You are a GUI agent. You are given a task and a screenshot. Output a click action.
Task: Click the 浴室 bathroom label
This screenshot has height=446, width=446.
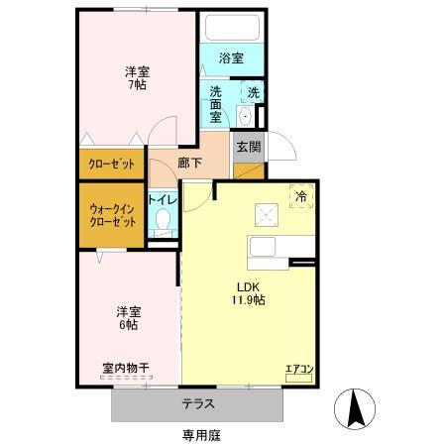pos(231,58)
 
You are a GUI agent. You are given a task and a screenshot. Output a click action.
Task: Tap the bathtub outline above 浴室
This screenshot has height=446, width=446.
pos(230,28)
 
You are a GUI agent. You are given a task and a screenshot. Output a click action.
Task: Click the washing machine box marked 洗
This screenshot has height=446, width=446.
pos(253,93)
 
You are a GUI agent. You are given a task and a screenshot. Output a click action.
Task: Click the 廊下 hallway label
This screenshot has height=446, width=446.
pos(190,164)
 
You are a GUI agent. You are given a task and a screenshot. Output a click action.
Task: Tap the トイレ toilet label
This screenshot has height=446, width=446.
pos(163,198)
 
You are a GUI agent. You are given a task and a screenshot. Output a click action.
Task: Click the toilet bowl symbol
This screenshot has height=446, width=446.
pos(163,221)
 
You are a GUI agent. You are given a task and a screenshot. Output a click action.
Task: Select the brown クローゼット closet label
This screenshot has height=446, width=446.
pos(112,165)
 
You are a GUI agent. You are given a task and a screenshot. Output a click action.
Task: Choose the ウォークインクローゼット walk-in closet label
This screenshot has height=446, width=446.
pos(112,214)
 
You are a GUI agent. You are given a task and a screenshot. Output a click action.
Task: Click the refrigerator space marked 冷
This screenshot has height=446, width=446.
pos(300,196)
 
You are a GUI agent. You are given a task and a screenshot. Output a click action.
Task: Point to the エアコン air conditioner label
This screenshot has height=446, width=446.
pos(299,369)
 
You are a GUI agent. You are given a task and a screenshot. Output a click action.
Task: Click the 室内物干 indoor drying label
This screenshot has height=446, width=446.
pos(126,368)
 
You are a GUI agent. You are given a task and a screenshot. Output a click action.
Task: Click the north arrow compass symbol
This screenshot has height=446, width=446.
pos(358,406)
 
